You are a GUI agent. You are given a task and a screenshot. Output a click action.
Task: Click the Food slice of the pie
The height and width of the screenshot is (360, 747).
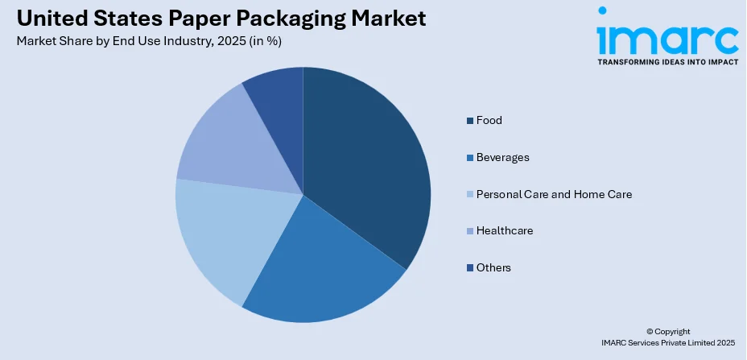tap(366, 161)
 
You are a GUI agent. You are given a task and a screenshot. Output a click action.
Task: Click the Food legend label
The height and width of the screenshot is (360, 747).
tap(489, 121)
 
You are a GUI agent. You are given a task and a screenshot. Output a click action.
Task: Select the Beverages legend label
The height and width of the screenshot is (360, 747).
tap(502, 157)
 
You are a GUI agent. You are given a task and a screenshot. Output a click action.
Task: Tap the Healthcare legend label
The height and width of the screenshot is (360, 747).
tap(505, 230)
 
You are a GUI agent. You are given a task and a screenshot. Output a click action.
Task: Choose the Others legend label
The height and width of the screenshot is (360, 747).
tap(493, 267)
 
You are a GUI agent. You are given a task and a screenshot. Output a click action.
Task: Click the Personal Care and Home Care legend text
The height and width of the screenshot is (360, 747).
tap(554, 194)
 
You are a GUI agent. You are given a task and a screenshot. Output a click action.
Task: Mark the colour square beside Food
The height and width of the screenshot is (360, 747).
tap(469, 121)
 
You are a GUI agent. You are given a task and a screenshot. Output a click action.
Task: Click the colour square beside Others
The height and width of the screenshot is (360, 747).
tap(469, 267)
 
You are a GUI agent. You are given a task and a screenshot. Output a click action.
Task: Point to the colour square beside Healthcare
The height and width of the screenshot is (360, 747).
tap(469, 231)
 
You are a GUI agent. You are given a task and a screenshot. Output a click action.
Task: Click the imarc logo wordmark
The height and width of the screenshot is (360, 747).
tap(667, 36)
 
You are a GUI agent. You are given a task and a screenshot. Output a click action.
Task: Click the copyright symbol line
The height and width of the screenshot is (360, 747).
tap(668, 331)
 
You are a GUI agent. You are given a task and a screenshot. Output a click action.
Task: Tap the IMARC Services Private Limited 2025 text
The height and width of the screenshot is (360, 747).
tap(668, 343)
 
